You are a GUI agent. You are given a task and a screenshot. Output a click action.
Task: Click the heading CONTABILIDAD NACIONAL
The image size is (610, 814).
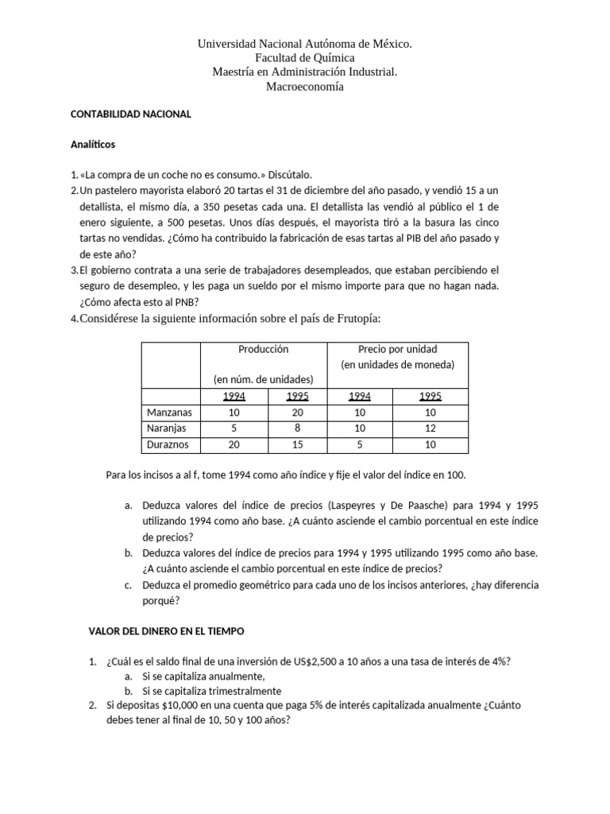[x=131, y=114]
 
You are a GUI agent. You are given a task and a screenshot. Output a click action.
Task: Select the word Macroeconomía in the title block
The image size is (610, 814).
[x=305, y=87]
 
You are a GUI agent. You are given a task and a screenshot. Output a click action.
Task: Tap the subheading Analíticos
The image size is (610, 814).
[x=93, y=145]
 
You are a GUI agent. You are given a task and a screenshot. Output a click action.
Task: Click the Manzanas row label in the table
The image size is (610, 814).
[x=171, y=413]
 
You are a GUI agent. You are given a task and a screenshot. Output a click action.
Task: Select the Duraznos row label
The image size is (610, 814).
[x=169, y=445]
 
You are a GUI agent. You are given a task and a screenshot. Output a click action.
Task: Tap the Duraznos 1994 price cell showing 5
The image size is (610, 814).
[x=360, y=445]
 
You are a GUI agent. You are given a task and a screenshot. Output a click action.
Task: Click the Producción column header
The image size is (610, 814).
[x=264, y=350]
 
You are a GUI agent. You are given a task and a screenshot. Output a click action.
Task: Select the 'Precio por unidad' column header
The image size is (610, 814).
[x=399, y=350]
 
